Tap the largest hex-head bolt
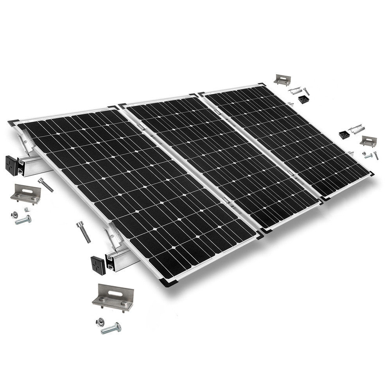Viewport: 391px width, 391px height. [111, 328]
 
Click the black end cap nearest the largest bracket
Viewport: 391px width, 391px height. [97, 265]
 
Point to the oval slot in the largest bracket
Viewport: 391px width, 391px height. [112, 292]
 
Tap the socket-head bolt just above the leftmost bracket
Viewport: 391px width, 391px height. [46, 185]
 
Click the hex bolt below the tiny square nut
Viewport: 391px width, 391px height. [23, 220]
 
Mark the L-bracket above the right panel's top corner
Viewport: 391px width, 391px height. [282, 80]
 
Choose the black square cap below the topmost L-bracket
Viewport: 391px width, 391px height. [304, 99]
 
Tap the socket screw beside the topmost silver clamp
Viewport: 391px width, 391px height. [306, 91]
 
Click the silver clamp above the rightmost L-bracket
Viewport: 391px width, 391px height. [356, 129]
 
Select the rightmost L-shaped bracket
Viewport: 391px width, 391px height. [368, 141]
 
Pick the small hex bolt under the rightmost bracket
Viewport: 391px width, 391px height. [368, 156]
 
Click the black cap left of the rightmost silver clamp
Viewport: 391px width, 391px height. [344, 135]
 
